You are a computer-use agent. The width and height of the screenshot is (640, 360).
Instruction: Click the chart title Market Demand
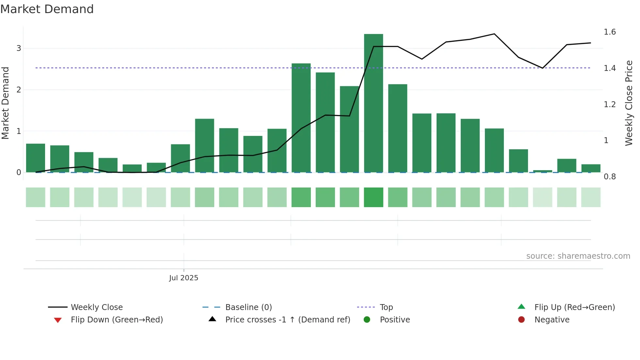[x=47, y=9]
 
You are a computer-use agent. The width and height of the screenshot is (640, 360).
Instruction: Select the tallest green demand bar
[x=373, y=103]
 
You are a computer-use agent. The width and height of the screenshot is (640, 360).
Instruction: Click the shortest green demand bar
[x=542, y=171]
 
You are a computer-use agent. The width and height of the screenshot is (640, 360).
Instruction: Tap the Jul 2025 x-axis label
[x=184, y=278]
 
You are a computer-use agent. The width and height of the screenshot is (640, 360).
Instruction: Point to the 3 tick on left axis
[x=19, y=48]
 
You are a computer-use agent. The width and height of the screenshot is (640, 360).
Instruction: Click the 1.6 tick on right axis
[x=609, y=32]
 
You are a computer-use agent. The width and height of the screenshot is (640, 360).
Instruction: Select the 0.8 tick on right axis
[x=609, y=177]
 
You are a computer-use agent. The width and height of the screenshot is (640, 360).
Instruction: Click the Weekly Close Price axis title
[x=629, y=103]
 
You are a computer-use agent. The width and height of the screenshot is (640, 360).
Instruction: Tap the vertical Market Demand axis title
[x=6, y=103]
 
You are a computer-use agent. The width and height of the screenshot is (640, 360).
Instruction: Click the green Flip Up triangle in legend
[x=521, y=306]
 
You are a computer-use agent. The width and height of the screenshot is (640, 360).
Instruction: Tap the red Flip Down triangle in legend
[x=58, y=320]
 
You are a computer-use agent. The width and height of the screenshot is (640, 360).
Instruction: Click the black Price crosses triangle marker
[x=212, y=319]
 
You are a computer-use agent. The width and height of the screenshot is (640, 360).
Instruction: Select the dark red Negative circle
[x=521, y=319]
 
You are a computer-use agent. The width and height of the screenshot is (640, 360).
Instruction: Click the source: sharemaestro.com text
[x=578, y=256]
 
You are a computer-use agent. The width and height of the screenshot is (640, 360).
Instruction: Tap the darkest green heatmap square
[x=373, y=197]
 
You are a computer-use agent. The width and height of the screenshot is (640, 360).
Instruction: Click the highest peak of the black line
[x=494, y=34]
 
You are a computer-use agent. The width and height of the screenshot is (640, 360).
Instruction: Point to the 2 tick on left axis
[x=19, y=90]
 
